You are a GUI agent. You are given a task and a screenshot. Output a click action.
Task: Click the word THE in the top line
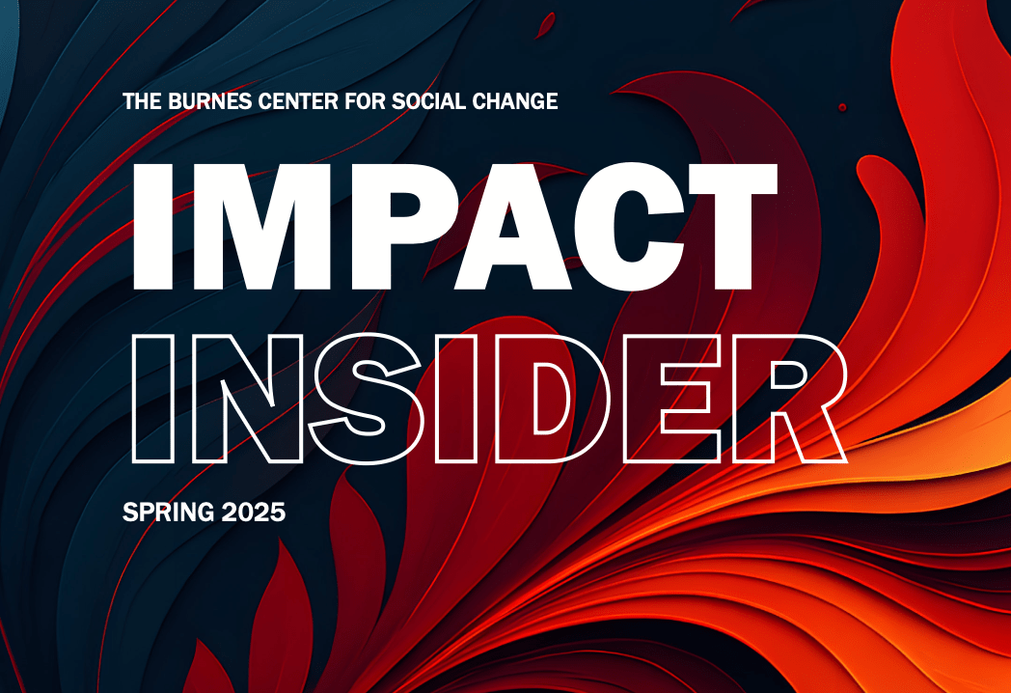click(x=143, y=101)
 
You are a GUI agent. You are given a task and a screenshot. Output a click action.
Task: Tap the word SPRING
click(x=168, y=513)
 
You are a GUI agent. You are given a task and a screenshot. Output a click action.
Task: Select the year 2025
click(x=254, y=513)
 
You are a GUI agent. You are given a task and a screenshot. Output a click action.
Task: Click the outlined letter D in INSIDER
click(x=508, y=399)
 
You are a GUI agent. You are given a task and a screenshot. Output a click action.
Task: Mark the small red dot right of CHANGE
click(x=842, y=107)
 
